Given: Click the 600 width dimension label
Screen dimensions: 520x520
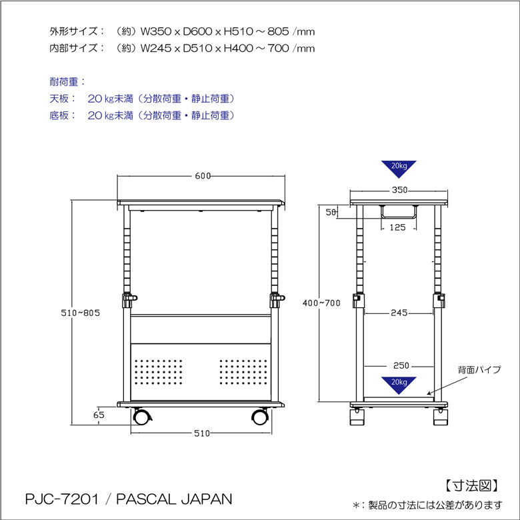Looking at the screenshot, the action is tap(203, 176).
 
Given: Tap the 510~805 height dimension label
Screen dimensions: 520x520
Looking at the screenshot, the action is tap(80, 313).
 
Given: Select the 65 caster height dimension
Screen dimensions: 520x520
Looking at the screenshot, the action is tap(99, 415).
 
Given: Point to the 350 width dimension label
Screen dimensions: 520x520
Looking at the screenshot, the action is tap(399, 190).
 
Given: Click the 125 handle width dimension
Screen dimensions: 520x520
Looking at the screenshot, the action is tap(397, 227).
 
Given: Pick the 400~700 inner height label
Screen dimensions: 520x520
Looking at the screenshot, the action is tap(321, 303).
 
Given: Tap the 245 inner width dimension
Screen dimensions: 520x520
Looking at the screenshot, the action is tap(399, 313).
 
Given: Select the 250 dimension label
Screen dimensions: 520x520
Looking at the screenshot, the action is tap(401, 365).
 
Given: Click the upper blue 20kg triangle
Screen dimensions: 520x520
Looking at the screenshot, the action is tap(399, 169).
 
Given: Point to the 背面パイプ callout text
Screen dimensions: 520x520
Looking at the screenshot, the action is tap(479, 369).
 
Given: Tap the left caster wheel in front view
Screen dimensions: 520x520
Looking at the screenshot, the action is tap(141, 417).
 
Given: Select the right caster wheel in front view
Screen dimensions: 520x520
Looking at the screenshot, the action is tap(260, 417).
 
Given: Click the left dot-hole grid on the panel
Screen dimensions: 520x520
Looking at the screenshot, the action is tap(159, 372).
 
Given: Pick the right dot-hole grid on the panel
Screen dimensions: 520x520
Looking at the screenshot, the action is tap(243, 372).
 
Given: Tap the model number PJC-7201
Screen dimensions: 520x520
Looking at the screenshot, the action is tap(62, 499).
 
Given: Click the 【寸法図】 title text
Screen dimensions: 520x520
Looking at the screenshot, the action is tap(471, 486).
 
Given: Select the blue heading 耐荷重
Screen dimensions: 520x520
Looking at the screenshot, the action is tap(64, 81).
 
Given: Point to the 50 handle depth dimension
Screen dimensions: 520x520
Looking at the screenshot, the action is tap(331, 212).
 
